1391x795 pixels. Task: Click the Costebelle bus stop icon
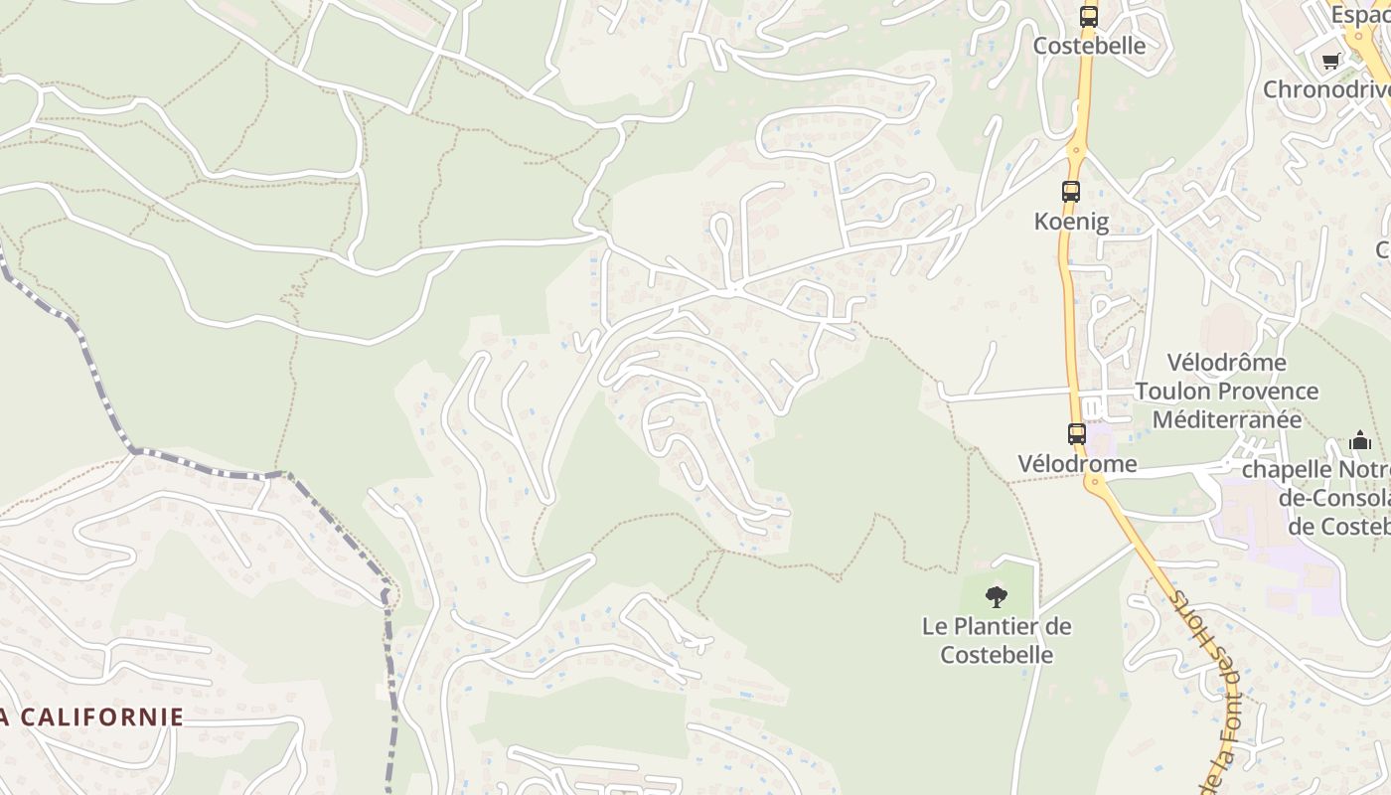point(1089,17)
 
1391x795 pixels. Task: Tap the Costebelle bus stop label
point(1089,46)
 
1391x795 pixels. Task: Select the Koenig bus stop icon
point(1071,192)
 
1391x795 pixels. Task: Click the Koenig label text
point(1071,221)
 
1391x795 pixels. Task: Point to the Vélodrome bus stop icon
point(1077,434)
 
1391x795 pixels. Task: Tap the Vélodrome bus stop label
point(1077,463)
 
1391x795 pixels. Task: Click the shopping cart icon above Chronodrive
point(1331,61)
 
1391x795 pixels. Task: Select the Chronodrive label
point(1326,89)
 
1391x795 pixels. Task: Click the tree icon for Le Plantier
point(997,596)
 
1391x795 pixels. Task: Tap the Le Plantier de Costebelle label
point(997,640)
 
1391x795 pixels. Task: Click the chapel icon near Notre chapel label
point(1360,439)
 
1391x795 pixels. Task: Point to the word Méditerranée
point(1226,419)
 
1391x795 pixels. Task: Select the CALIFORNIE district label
point(99,716)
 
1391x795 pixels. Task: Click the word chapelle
point(1283,468)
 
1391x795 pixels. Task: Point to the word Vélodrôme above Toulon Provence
point(1226,362)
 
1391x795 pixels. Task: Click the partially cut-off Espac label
point(1359,15)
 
